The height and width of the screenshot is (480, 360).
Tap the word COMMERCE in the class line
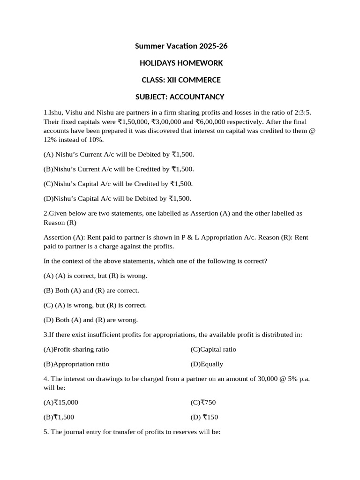(200, 80)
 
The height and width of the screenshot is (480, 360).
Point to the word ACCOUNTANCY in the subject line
(197, 97)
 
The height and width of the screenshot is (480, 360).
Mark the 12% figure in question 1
(51, 140)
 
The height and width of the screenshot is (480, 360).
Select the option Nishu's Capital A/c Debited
(118, 198)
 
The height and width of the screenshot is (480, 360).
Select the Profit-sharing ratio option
(76, 349)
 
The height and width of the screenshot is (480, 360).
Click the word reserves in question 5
(186, 432)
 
